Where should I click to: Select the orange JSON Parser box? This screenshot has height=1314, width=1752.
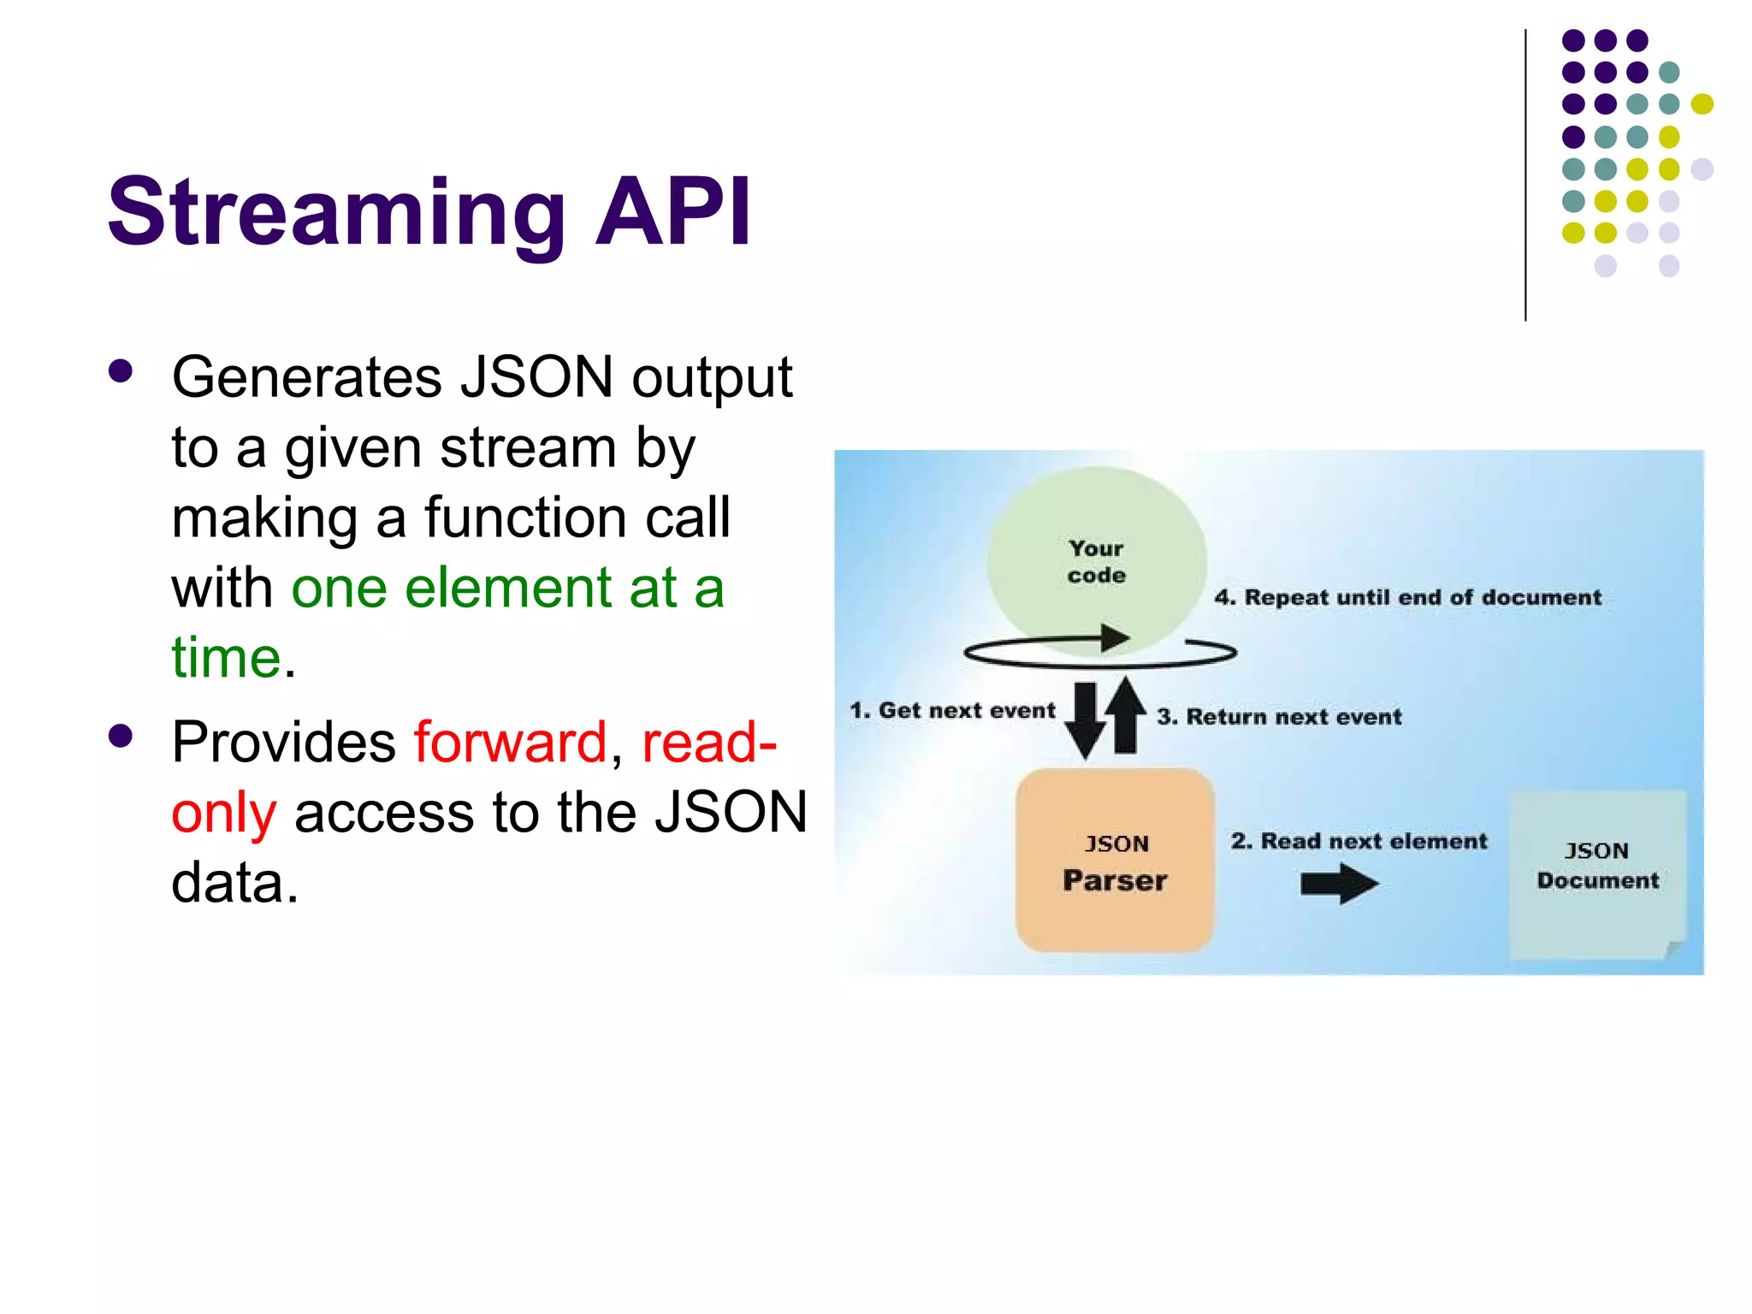pos(1115,861)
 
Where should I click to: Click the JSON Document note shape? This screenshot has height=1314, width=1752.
pos(1596,873)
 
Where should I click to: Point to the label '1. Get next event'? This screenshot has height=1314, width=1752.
pos(952,710)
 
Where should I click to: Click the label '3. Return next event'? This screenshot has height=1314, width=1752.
pos(1279,716)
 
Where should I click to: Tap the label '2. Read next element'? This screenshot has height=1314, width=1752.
pos(1358,841)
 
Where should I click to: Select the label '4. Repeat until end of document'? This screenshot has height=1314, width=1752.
pos(1407,597)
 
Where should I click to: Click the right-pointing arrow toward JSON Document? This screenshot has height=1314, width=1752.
pos(1339,884)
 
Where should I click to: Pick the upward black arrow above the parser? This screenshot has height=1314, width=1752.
pos(1125,714)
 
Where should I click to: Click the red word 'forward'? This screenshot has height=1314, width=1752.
pos(510,742)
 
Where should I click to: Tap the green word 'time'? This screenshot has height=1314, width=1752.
pos(226,657)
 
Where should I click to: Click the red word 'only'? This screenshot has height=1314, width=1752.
pos(223,813)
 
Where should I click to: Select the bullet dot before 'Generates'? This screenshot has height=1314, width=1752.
pos(121,371)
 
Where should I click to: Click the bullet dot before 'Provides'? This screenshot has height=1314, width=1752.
pos(121,736)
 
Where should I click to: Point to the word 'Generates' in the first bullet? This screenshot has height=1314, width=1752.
pos(306,376)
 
